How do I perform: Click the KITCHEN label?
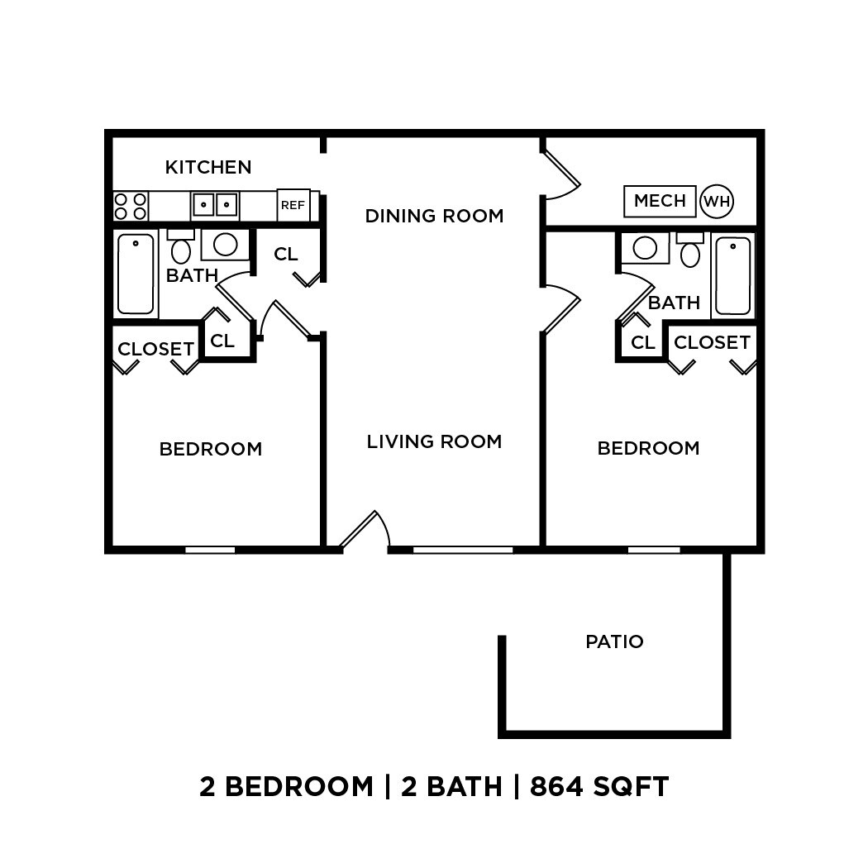(x=208, y=167)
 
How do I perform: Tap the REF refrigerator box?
(x=293, y=205)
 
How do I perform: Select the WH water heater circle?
(x=717, y=201)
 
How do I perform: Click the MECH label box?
(x=660, y=201)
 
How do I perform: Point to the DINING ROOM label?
(x=434, y=216)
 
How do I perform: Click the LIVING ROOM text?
(x=434, y=441)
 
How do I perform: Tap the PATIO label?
(x=614, y=641)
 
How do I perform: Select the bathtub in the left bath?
(x=136, y=274)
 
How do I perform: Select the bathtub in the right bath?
(x=733, y=275)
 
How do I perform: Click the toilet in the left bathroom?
(x=181, y=248)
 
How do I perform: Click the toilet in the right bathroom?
(x=690, y=250)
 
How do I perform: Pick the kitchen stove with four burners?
(x=130, y=206)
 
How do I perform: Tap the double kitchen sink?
(x=215, y=204)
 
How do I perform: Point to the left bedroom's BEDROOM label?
(x=211, y=449)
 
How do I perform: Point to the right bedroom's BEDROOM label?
(x=648, y=448)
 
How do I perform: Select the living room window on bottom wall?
(x=462, y=549)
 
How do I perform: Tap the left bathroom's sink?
(x=226, y=244)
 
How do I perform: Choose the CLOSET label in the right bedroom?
(x=712, y=342)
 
